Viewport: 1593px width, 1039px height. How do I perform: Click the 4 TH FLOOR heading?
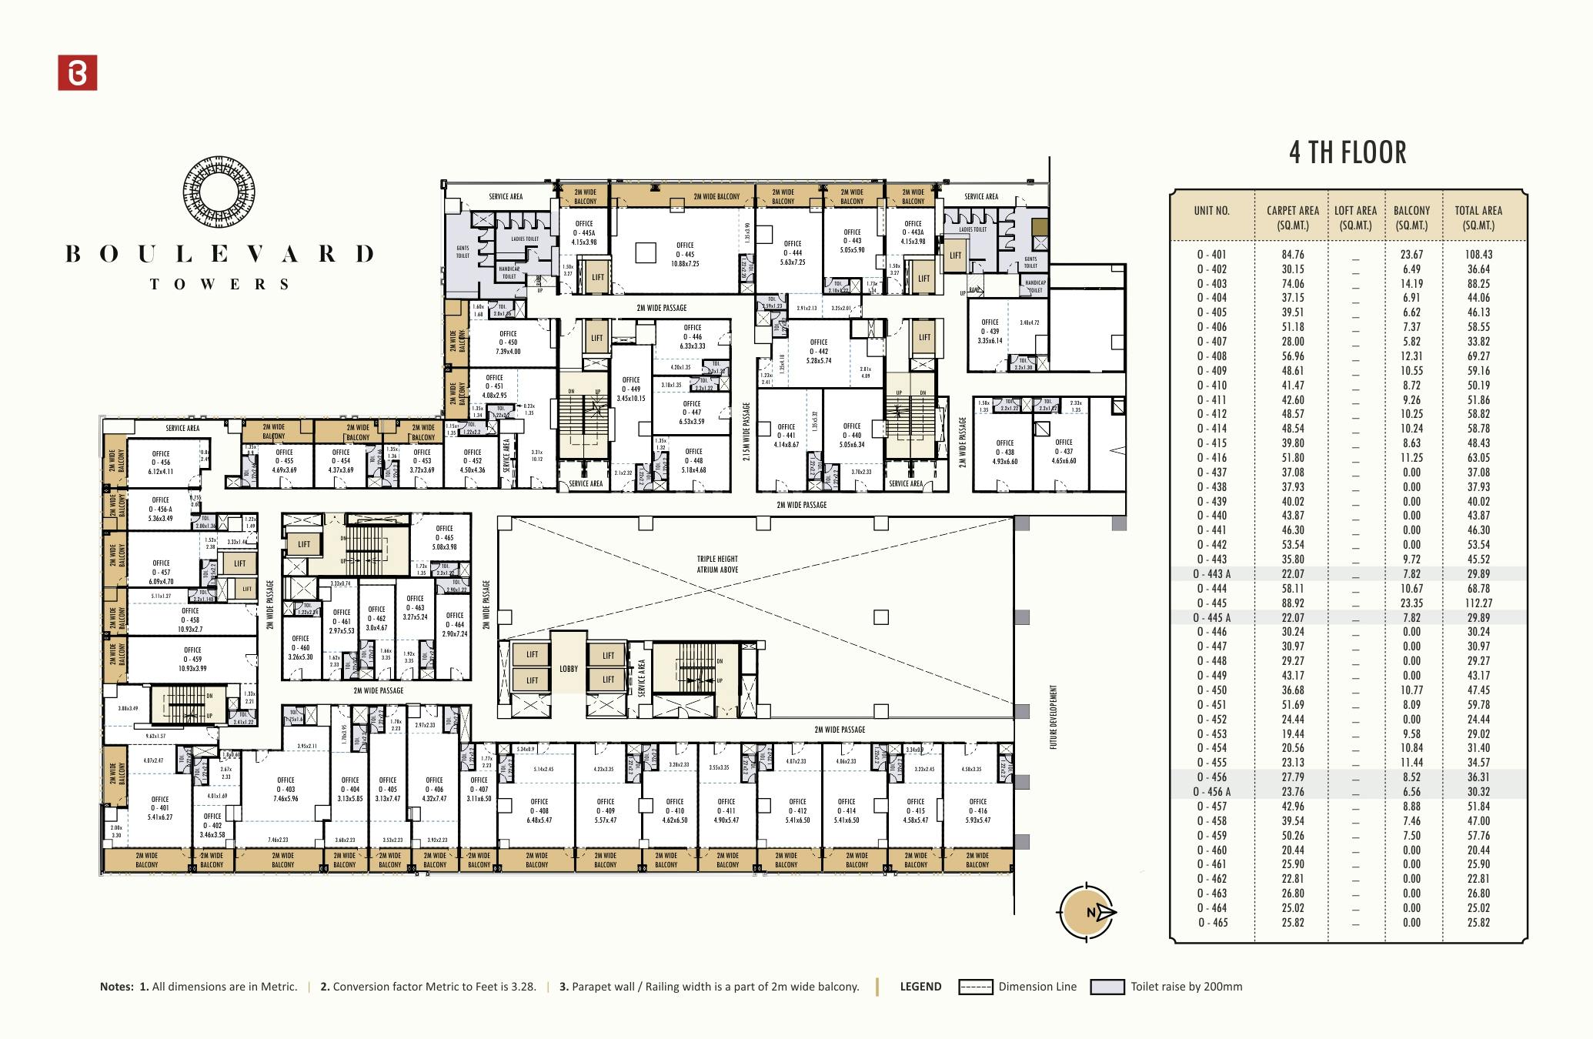(x=1348, y=152)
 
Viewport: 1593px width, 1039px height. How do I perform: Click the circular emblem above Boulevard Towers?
(x=219, y=192)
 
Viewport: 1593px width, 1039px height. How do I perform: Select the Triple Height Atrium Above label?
(x=717, y=564)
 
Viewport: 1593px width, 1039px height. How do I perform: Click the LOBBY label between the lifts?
(x=568, y=669)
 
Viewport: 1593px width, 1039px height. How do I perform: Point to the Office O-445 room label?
(x=684, y=254)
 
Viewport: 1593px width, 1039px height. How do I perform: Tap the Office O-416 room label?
(x=977, y=810)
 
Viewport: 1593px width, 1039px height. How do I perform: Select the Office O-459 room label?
(x=192, y=659)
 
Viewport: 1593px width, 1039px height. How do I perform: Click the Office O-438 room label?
(x=1004, y=452)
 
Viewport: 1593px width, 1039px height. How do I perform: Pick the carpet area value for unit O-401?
(x=1293, y=255)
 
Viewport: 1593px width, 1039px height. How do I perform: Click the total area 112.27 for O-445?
(x=1478, y=603)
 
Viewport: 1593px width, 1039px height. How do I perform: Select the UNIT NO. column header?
(x=1211, y=211)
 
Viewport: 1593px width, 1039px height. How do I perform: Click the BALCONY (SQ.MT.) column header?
(x=1411, y=217)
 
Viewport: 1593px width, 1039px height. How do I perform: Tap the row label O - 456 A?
(x=1212, y=792)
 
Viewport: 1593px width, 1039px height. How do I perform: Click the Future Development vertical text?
(x=1054, y=717)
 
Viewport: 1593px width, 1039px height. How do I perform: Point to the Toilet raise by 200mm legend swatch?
(x=1107, y=987)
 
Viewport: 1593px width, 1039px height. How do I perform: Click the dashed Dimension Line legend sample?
(x=975, y=987)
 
